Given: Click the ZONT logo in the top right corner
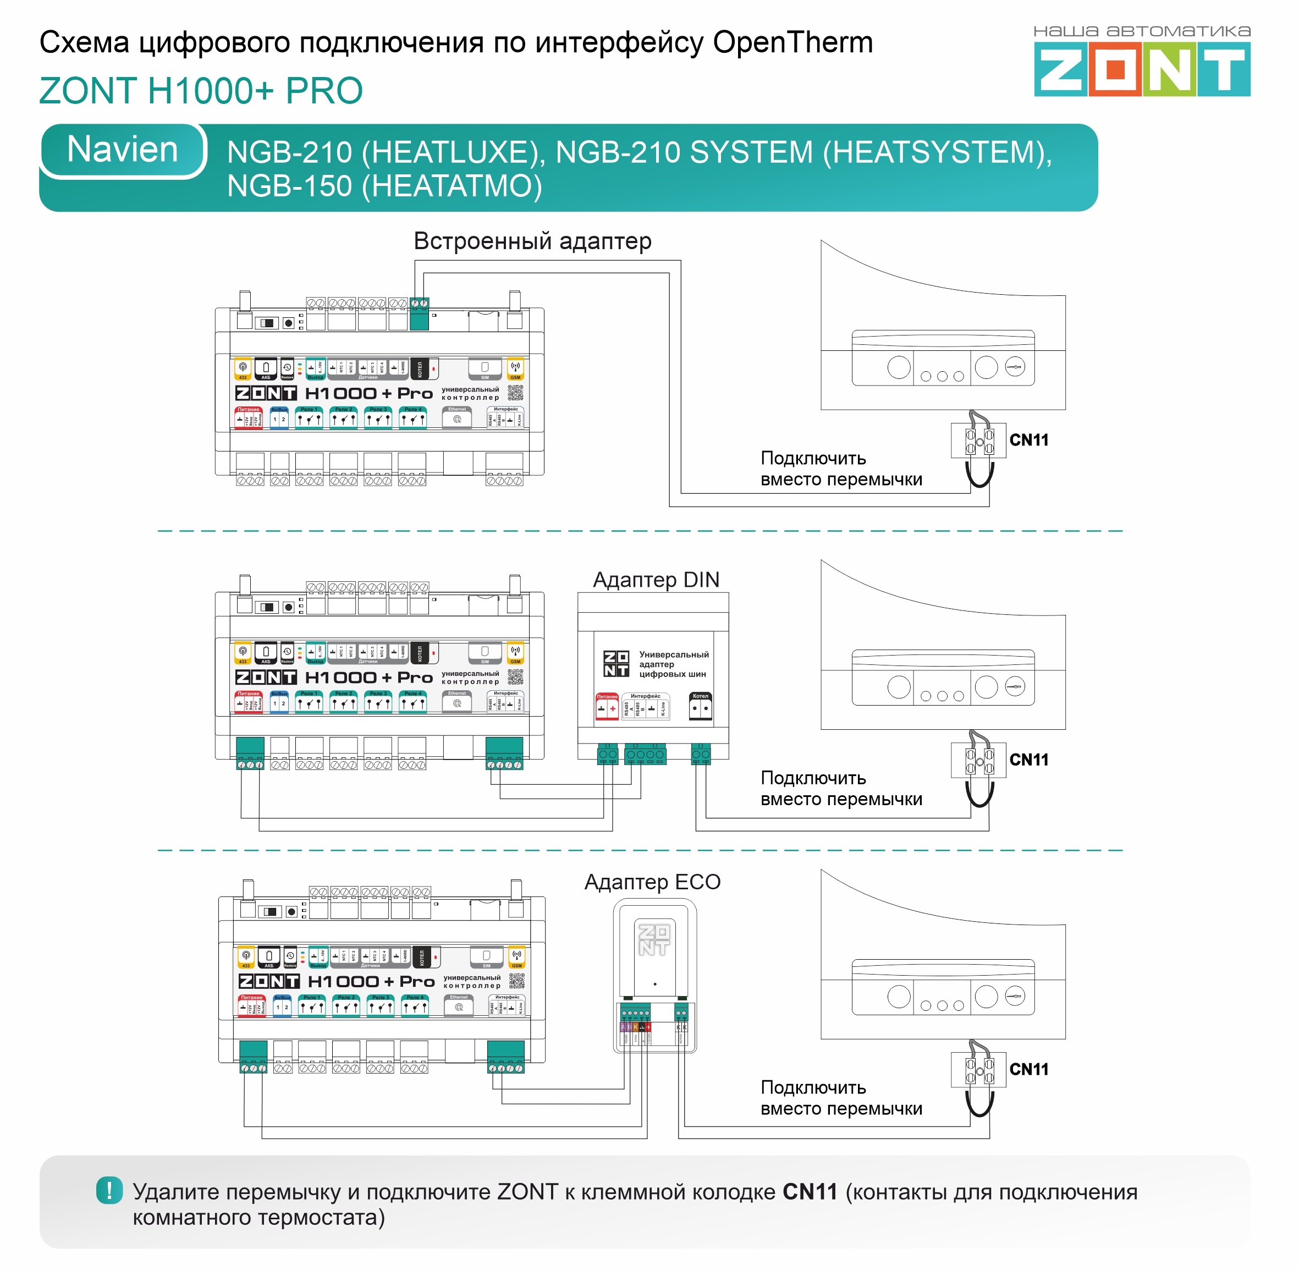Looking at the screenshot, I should pyautogui.click(x=1142, y=68).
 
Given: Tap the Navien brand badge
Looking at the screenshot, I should pyautogui.click(x=123, y=150).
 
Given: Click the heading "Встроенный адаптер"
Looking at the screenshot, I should pyautogui.click(x=532, y=241).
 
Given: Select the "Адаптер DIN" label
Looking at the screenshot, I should pyautogui.click(x=656, y=580).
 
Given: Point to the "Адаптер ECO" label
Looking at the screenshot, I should pyautogui.click(x=652, y=882).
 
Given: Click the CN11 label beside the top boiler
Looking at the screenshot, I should pyautogui.click(x=1028, y=440).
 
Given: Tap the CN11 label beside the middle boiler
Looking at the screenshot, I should pyautogui.click(x=1028, y=760).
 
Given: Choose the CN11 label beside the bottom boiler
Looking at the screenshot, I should pyautogui.click(x=1028, y=1069).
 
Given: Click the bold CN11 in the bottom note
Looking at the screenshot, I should pyautogui.click(x=810, y=1192).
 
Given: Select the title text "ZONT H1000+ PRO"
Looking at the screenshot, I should pyautogui.click(x=201, y=91).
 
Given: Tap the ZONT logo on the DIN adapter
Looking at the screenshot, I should pyautogui.click(x=616, y=663).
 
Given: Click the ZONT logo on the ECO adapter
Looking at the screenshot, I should pyautogui.click(x=654, y=939).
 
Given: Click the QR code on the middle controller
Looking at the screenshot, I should pyautogui.click(x=515, y=677).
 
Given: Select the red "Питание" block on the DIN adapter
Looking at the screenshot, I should pyautogui.click(x=607, y=706).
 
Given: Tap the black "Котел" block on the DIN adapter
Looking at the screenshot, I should pyautogui.click(x=700, y=706).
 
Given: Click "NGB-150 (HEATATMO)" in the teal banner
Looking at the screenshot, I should pyautogui.click(x=384, y=185).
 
